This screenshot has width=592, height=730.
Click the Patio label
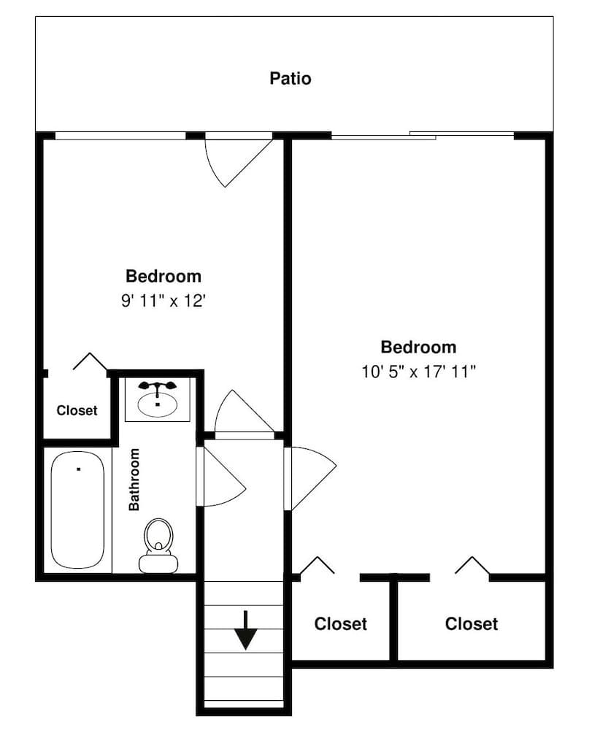point(291,78)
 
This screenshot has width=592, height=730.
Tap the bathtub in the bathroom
point(77,509)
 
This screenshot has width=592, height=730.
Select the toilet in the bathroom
point(158,546)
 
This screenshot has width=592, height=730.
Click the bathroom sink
point(158,404)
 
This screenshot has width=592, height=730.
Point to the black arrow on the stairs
point(245,630)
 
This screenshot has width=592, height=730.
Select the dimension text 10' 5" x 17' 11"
point(419,372)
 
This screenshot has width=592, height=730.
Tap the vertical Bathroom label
point(134,479)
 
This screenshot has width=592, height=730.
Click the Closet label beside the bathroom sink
point(77,410)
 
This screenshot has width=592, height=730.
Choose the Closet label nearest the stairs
point(340,624)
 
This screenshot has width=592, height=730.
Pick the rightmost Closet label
point(472,624)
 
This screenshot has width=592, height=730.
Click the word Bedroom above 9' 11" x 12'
point(164,277)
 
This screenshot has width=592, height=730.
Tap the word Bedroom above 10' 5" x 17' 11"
point(419,347)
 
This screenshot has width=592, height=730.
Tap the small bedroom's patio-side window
point(120,135)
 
